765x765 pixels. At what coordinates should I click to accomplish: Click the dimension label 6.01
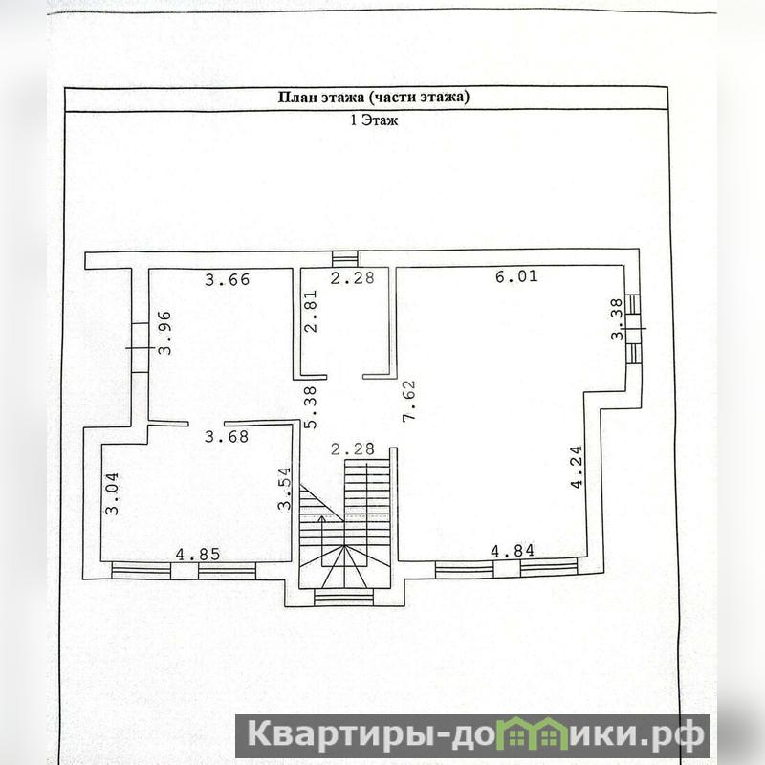pyautogui.click(x=516, y=276)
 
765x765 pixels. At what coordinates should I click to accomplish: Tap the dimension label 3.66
pyautogui.click(x=227, y=279)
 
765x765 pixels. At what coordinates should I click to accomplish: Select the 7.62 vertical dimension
pyautogui.click(x=409, y=401)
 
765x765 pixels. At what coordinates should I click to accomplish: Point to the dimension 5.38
pyautogui.click(x=310, y=408)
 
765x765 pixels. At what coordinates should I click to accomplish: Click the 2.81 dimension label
pyautogui.click(x=310, y=312)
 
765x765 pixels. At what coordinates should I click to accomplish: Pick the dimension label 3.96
pyautogui.click(x=164, y=333)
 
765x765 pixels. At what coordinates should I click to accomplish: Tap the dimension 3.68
pyautogui.click(x=227, y=436)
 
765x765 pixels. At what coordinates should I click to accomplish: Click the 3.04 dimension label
pyautogui.click(x=112, y=493)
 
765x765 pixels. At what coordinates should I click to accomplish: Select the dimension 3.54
pyautogui.click(x=284, y=489)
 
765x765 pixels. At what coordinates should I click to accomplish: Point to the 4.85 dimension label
pyautogui.click(x=198, y=555)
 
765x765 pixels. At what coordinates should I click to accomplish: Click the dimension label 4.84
pyautogui.click(x=513, y=552)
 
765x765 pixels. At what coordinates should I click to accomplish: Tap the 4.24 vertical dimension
pyautogui.click(x=577, y=467)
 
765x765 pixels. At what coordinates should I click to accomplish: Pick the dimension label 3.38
pyautogui.click(x=618, y=319)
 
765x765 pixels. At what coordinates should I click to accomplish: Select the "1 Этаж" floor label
pyautogui.click(x=374, y=120)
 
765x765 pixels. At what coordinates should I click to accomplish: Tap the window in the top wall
pyautogui.click(x=344, y=259)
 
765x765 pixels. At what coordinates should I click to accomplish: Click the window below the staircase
pyautogui.click(x=344, y=597)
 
